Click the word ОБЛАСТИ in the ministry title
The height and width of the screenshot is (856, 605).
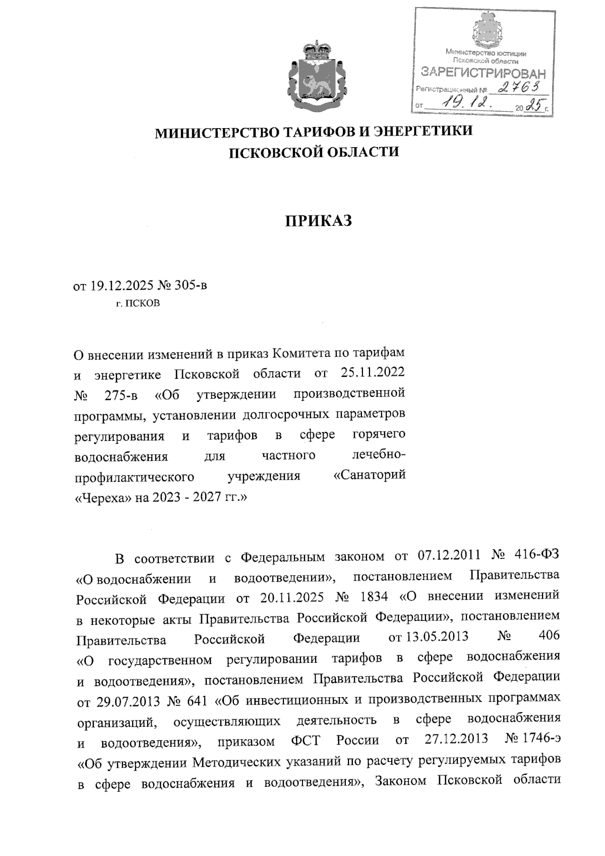(x=356, y=151)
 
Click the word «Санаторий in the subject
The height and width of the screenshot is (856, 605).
(x=370, y=476)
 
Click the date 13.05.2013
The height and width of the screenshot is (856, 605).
(x=429, y=637)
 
